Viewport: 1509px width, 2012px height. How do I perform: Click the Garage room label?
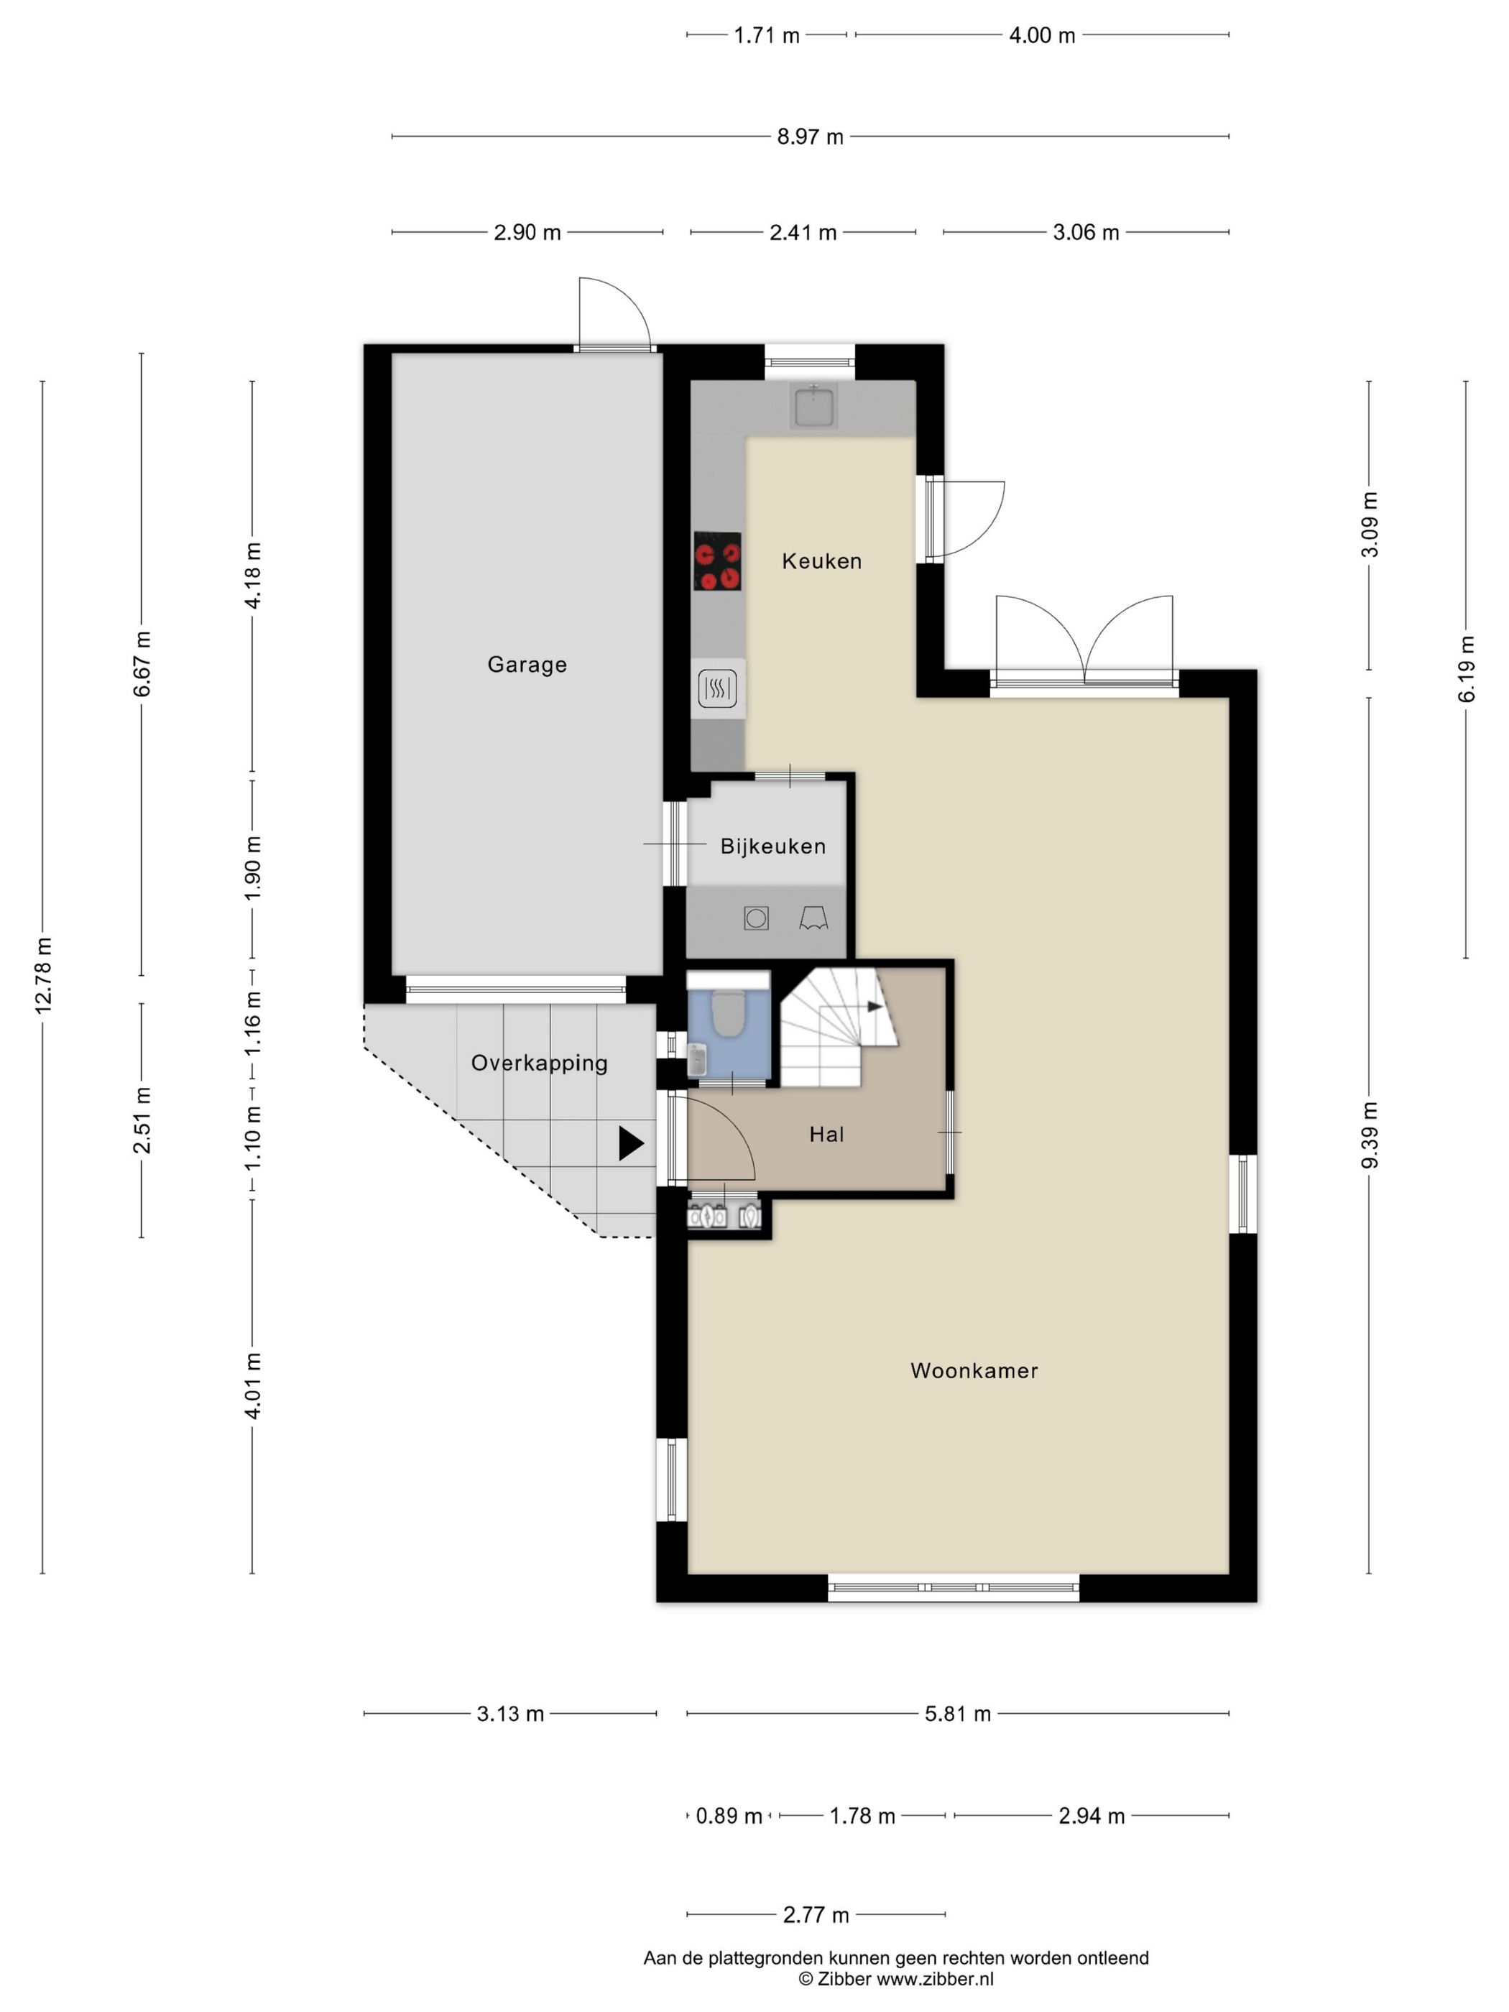coord(527,665)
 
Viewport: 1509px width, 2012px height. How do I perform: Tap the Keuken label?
coord(821,561)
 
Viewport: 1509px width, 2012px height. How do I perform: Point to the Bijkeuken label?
coord(773,846)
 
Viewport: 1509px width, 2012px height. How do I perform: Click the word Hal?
coord(826,1134)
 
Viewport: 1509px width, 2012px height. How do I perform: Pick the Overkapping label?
coord(540,1063)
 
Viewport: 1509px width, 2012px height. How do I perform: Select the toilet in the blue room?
coord(726,1012)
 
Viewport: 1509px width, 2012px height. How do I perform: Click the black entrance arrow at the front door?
coord(630,1143)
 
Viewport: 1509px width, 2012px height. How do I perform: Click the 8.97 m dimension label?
coord(810,137)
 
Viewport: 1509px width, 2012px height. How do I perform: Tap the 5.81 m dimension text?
coord(957,1715)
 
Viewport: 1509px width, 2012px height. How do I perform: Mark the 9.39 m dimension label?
coord(1370,1135)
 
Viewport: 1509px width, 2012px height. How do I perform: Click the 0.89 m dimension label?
coord(729,1817)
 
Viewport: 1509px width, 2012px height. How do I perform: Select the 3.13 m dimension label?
coord(510,1715)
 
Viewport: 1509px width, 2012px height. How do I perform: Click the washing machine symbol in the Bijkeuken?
coord(756,918)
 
